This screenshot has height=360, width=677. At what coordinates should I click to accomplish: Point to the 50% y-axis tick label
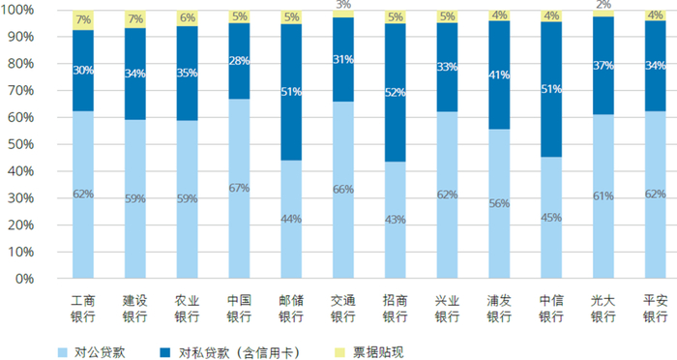22,144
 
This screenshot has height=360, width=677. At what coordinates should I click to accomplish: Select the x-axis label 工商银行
83,309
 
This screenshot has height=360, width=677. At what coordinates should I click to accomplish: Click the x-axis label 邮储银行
291,309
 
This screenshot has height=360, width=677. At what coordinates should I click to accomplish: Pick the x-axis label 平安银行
656,309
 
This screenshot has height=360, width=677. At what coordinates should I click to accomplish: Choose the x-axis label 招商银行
396,309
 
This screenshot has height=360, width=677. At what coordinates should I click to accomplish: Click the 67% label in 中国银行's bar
239,187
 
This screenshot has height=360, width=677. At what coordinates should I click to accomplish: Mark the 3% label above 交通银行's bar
343,6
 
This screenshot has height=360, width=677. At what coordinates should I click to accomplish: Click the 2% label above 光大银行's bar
603,5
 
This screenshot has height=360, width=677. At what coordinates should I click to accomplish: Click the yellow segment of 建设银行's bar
135,19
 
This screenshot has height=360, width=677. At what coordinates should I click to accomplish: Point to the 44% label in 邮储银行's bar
291,218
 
